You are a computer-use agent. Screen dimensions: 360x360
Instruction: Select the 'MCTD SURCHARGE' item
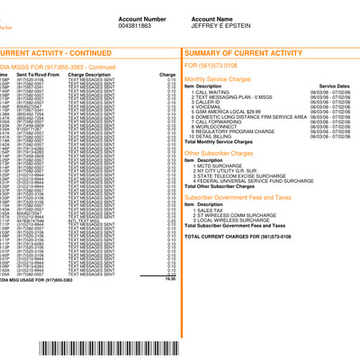pos(216,166)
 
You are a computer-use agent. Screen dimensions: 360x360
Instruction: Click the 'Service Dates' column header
pos(333,85)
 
